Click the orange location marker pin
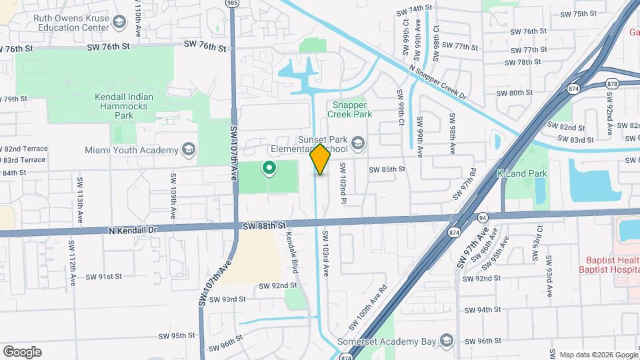320,159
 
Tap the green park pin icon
269,168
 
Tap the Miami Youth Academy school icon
189,149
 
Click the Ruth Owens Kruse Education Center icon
119,23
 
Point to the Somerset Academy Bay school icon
446,342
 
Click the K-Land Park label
522,173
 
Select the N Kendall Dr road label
133,230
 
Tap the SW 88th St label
264,227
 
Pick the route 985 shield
231,3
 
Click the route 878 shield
611,83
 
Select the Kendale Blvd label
291,249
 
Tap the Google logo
22,352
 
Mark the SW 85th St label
387,169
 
